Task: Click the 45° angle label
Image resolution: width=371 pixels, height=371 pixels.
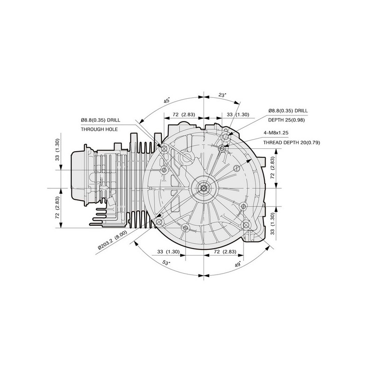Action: (167, 100)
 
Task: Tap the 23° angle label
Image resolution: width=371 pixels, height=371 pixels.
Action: (222, 95)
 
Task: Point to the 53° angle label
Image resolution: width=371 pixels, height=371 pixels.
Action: (166, 262)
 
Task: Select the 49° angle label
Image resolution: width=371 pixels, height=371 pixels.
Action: (238, 264)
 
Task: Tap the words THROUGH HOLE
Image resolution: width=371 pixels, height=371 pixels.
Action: (99, 129)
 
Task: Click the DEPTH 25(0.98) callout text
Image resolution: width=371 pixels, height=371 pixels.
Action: (286, 120)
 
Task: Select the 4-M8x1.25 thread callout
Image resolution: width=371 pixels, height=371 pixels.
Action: (276, 133)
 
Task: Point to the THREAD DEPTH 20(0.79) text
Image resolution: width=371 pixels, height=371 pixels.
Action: (292, 142)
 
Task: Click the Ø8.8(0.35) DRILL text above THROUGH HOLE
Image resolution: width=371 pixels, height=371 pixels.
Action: (100, 120)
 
